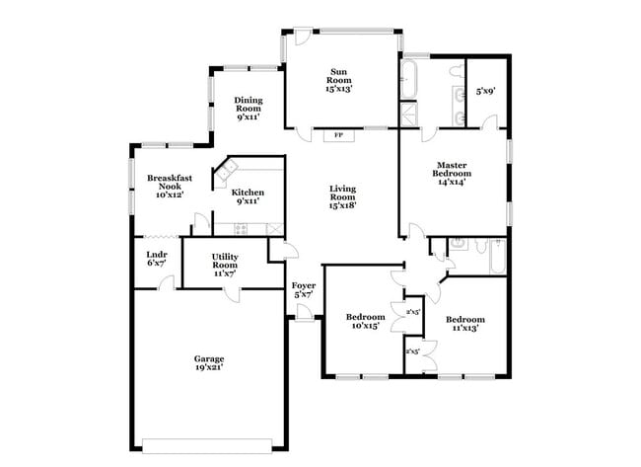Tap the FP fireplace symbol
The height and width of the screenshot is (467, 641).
click(x=339, y=134)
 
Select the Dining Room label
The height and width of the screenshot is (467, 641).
click(x=248, y=108)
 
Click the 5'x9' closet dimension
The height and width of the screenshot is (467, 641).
click(x=485, y=91)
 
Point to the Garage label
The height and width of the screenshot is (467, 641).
click(x=208, y=358)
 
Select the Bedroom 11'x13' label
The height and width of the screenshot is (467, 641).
click(x=463, y=324)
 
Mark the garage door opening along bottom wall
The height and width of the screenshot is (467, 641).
click(x=208, y=439)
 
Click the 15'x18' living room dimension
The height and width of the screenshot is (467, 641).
click(x=342, y=205)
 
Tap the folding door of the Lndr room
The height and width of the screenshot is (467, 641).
click(x=157, y=237)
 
